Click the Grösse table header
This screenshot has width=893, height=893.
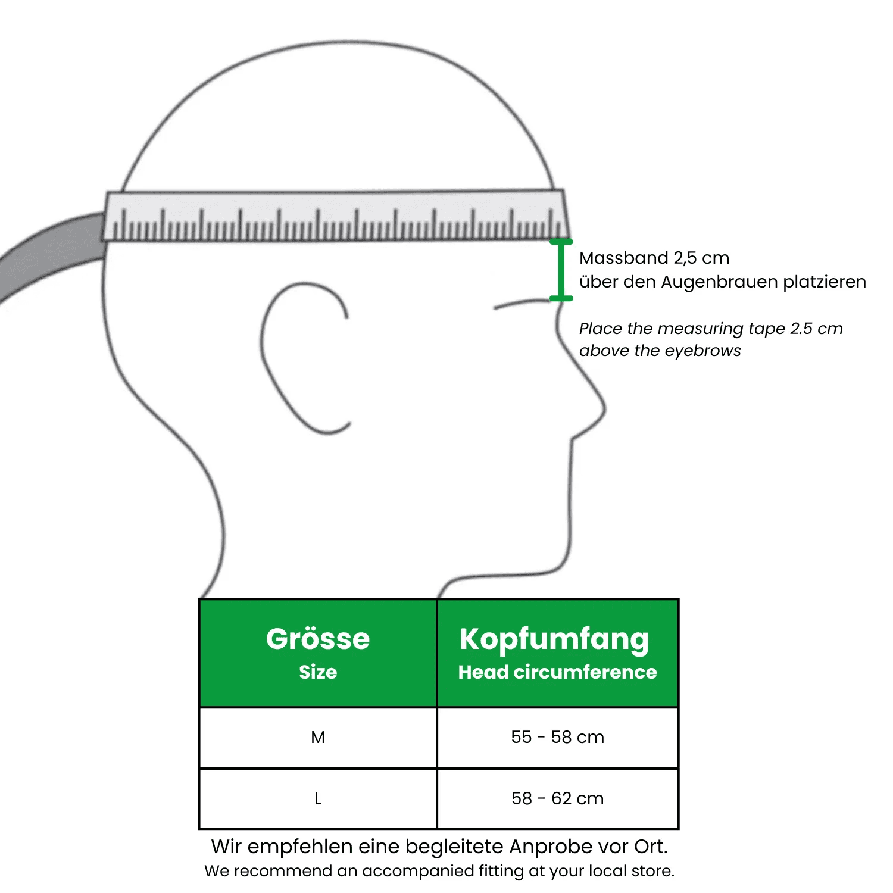318,639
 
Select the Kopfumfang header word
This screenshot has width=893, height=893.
554,639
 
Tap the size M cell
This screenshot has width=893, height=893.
318,738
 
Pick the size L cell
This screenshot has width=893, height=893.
318,799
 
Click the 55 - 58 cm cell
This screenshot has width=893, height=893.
557,738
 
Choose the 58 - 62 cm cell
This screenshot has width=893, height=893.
557,799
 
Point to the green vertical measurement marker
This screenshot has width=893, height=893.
560,270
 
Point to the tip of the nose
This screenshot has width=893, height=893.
604,408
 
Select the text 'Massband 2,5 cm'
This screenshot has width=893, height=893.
654,258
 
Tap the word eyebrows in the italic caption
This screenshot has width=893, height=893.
708,351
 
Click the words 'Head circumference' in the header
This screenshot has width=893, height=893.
557,672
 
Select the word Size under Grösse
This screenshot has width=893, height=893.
318,672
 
